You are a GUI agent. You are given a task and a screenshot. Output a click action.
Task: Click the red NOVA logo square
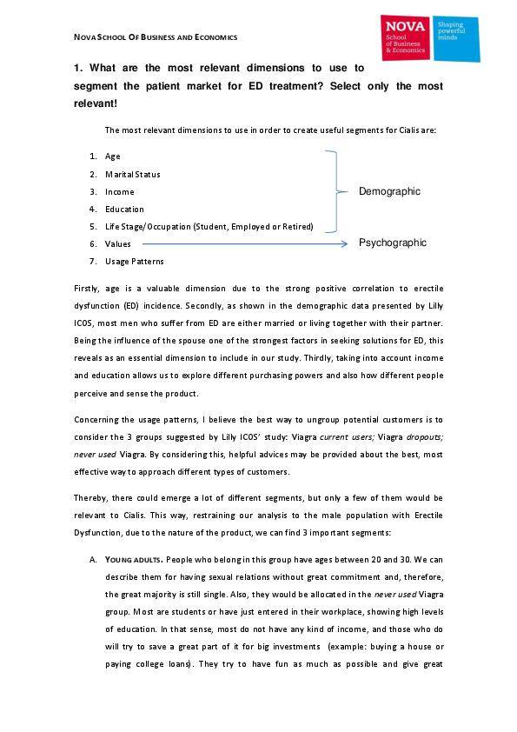(x=405, y=37)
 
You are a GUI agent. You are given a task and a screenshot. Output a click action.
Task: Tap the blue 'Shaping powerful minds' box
(x=456, y=39)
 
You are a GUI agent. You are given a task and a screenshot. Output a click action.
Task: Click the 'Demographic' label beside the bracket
(x=389, y=191)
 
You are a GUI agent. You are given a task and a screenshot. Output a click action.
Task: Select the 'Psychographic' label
(x=393, y=243)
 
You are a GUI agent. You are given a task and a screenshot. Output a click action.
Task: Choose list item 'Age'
(x=113, y=157)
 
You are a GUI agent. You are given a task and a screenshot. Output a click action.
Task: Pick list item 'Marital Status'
(x=132, y=175)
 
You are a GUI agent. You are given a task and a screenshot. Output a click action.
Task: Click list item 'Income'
(x=120, y=192)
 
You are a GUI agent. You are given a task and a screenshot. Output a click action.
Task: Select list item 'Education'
(x=124, y=210)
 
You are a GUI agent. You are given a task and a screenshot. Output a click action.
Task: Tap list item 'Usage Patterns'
(x=134, y=262)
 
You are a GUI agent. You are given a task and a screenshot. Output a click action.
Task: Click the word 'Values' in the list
(x=118, y=244)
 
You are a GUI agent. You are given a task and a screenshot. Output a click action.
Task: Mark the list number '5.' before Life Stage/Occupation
(x=92, y=227)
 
